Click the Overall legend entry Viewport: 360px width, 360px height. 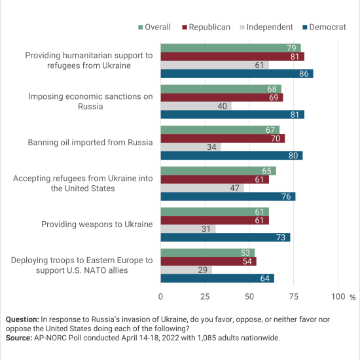click(x=154, y=27)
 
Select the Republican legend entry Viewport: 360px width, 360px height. click(x=206, y=27)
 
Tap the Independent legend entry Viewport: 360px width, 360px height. click(x=266, y=27)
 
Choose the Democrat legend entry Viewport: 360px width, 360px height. click(x=324, y=27)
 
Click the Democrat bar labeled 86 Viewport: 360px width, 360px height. click(x=237, y=74)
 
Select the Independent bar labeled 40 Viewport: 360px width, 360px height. click(x=196, y=106)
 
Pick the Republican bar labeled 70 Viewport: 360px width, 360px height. click(x=223, y=139)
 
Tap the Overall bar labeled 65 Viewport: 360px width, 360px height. click(x=219, y=171)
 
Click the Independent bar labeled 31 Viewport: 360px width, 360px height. click(x=188, y=229)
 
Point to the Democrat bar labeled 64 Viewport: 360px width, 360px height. click(x=217, y=278)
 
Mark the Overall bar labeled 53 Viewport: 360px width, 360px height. click(x=207, y=253)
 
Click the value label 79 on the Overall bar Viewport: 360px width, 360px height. click(x=291, y=48)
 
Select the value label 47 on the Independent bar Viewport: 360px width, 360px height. click(x=234, y=188)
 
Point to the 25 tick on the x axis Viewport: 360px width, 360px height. click(x=205, y=297)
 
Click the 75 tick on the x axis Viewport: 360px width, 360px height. click(x=294, y=297)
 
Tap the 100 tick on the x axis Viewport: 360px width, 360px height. click(x=338, y=297)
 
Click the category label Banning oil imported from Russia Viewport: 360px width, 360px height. click(x=90, y=143)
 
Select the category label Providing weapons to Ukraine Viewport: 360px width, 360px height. click(x=97, y=225)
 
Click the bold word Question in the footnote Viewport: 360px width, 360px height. click(x=22, y=319)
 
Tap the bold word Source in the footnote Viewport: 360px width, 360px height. click(x=19, y=338)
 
